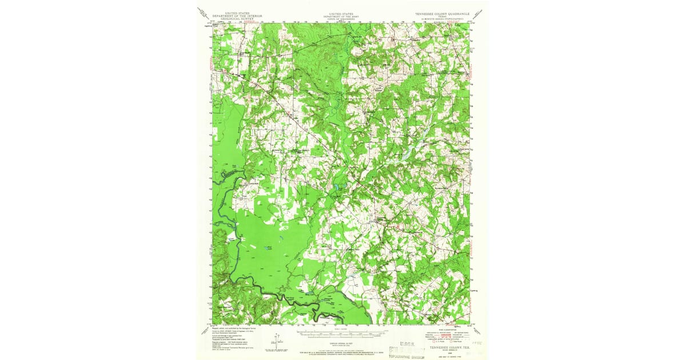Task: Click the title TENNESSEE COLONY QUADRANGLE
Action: (442, 13)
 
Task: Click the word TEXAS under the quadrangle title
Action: (442, 16)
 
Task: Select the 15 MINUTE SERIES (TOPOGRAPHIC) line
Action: (442, 19)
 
